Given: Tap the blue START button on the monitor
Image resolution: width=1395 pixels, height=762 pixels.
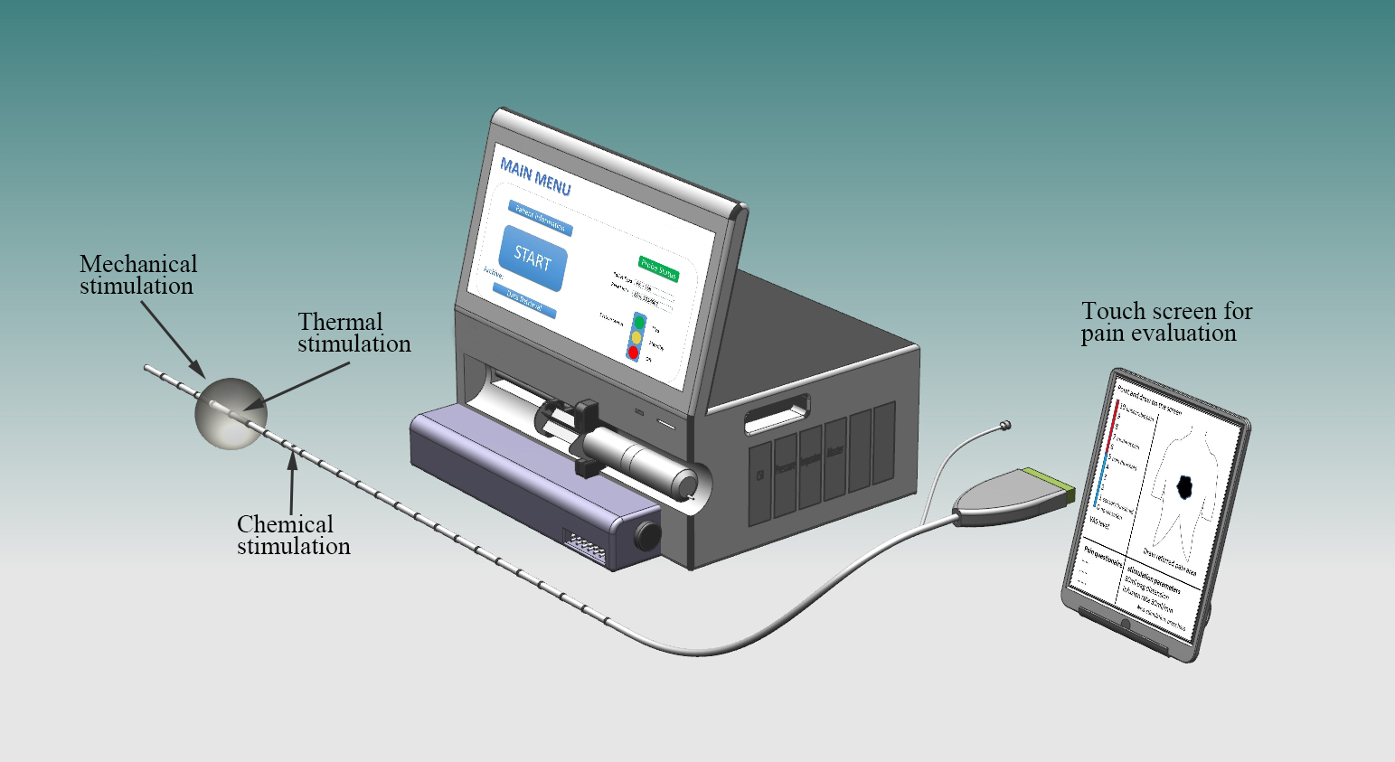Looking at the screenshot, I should pyautogui.click(x=533, y=258).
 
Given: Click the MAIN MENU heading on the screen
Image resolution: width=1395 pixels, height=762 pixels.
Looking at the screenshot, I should pyautogui.click(x=535, y=177).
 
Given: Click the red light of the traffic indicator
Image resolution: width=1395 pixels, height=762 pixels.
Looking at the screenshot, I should pyautogui.click(x=633, y=352).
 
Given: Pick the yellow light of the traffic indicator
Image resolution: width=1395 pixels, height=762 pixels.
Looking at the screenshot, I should pyautogui.click(x=636, y=336).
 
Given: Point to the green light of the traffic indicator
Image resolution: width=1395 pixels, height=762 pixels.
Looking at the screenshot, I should pyautogui.click(x=639, y=321).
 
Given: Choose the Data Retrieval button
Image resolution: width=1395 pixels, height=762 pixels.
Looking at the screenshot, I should pyautogui.click(x=523, y=302).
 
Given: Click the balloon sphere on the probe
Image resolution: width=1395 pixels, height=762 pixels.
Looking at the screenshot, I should pyautogui.click(x=230, y=411).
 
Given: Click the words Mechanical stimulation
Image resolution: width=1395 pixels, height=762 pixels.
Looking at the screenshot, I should pyautogui.click(x=137, y=275).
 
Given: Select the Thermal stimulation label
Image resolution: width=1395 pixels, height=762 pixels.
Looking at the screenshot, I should pyautogui.click(x=353, y=333).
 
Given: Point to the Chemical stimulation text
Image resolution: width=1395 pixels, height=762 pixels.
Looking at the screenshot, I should pyautogui.click(x=293, y=535).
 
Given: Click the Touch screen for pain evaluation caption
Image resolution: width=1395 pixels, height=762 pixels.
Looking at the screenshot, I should pyautogui.click(x=1166, y=322).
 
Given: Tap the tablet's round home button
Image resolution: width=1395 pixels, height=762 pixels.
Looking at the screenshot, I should pyautogui.click(x=1125, y=625).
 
